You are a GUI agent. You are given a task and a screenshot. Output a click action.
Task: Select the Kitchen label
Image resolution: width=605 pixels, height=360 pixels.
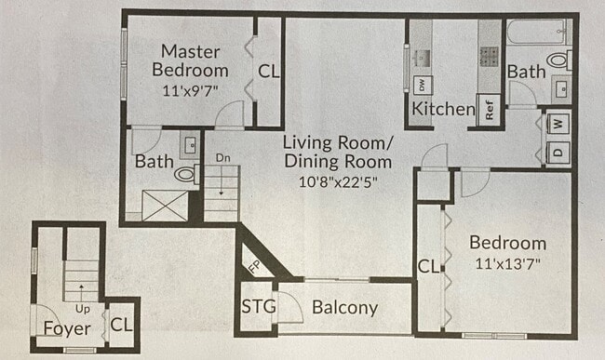point(444,109)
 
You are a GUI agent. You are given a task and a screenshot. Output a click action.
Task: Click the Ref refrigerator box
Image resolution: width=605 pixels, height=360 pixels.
point(489,109)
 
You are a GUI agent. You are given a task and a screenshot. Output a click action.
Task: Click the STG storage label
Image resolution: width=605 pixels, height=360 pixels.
point(256,306)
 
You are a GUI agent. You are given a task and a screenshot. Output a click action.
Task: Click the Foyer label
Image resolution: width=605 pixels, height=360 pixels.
point(67,328)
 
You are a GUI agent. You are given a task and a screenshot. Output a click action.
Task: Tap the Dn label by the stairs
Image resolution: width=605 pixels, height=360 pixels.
point(223,158)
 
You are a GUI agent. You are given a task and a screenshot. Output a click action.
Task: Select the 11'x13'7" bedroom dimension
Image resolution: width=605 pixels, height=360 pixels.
point(507,264)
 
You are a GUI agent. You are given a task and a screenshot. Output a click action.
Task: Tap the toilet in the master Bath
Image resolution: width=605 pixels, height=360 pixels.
point(184,174)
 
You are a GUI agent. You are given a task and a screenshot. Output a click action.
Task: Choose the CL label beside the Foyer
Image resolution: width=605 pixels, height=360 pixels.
point(121,325)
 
